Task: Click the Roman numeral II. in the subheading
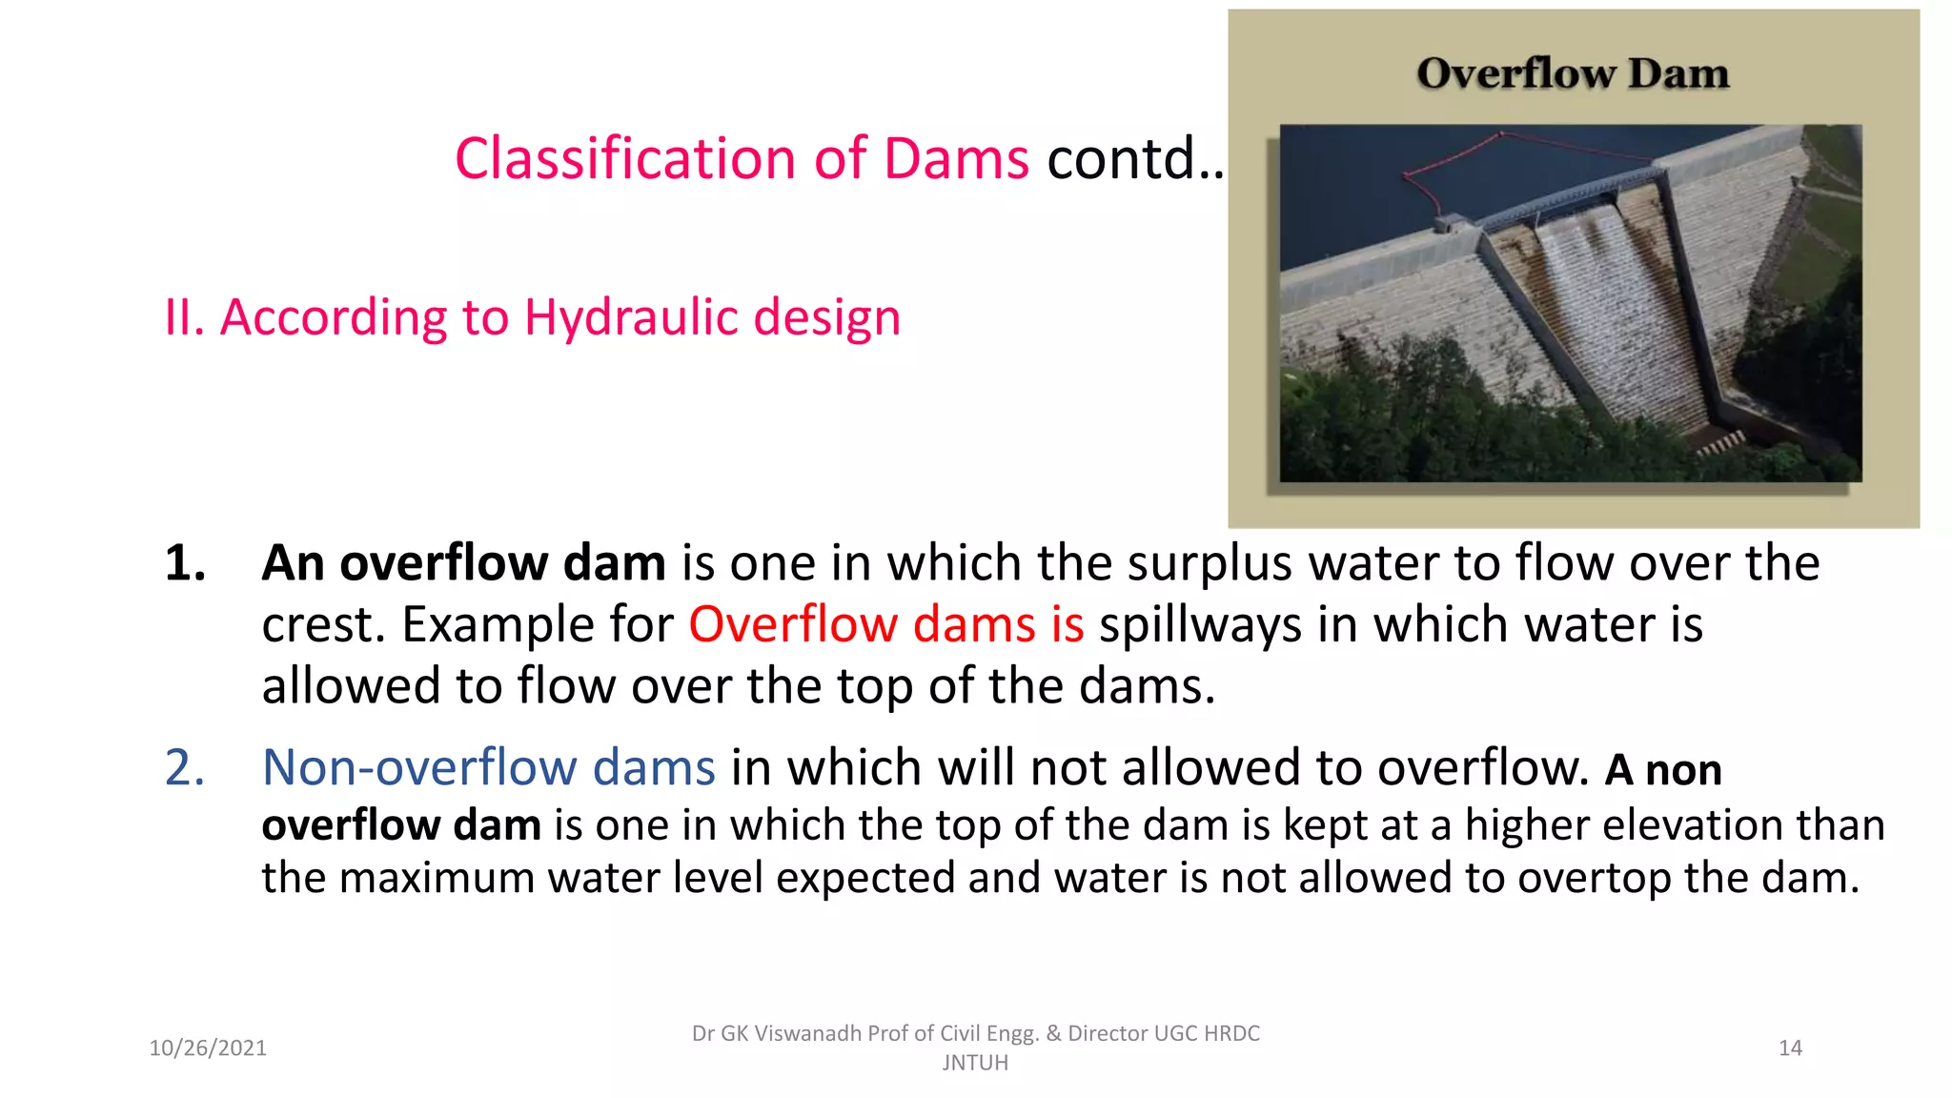(x=184, y=317)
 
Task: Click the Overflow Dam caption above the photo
(x=1572, y=73)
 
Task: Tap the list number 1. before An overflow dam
(x=185, y=563)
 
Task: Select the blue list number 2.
(x=185, y=767)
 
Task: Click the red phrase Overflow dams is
(x=885, y=625)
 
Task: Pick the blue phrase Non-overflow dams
(x=488, y=767)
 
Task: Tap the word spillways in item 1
(x=1200, y=625)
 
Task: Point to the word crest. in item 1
(x=323, y=625)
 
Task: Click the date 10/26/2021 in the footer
(x=208, y=1048)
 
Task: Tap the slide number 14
(x=1790, y=1048)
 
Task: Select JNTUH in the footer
(x=975, y=1063)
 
